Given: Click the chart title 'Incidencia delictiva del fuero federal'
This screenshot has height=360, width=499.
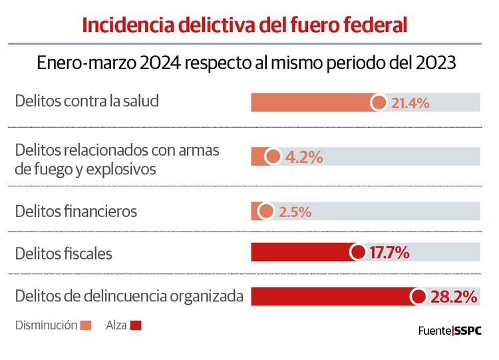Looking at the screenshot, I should tap(244, 25).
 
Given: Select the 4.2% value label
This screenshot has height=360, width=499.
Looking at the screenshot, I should tap(303, 157).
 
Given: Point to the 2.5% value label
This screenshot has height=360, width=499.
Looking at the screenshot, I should tap(295, 212).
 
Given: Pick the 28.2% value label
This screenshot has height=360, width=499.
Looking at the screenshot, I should tap(454, 297).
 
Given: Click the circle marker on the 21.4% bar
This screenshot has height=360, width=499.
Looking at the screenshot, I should tap(379, 102).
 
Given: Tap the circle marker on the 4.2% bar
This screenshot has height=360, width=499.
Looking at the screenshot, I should tap(273, 157).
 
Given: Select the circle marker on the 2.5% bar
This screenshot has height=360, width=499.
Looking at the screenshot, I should tap(265, 212).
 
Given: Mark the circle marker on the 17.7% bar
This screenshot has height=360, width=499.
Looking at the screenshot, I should tap(357, 252).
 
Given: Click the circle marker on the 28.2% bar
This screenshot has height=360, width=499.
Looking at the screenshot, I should tap(418, 297).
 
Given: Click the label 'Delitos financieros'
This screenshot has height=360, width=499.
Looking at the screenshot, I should tap(76, 212).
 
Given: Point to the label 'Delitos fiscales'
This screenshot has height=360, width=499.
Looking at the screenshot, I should tap(64, 253).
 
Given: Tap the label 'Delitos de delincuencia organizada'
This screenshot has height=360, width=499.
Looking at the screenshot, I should tap(128, 295).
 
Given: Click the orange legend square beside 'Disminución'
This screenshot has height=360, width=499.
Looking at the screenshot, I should tap(85, 326).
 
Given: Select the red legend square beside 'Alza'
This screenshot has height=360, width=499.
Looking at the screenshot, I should tap(136, 326).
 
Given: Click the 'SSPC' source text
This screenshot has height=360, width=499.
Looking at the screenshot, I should tap(468, 329).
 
